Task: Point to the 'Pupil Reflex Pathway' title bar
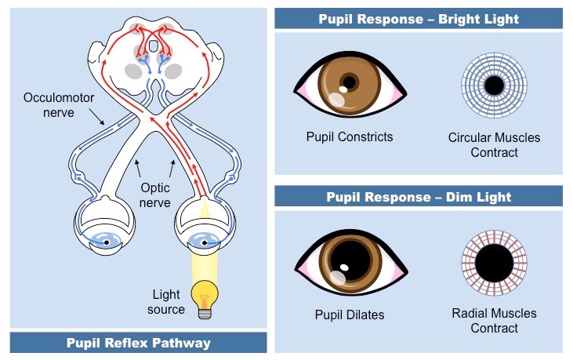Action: pos(139,343)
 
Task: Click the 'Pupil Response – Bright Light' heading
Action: pos(419,19)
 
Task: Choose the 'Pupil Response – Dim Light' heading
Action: pos(419,196)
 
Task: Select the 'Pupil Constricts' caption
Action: pos(350,137)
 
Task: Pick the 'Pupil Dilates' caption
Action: pos(350,315)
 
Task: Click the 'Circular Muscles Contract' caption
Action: pos(494,145)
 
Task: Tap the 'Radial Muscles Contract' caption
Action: pos(494,321)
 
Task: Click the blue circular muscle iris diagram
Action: pos(494,85)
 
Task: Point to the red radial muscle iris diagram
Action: pos(494,262)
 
